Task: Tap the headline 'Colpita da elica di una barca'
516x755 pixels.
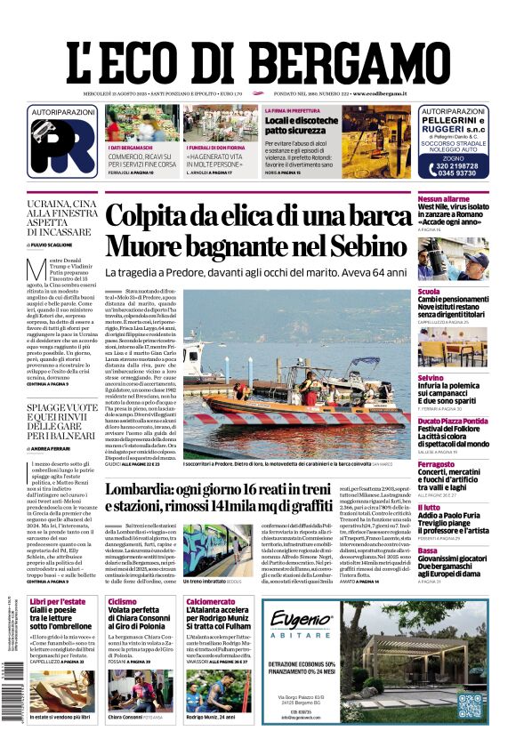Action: coord(258,217)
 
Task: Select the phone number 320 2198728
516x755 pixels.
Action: coord(453,165)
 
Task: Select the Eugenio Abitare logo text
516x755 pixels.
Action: coord(302,626)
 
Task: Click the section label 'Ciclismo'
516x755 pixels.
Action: coord(122,602)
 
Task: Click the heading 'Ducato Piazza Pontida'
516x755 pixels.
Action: coord(453,421)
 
